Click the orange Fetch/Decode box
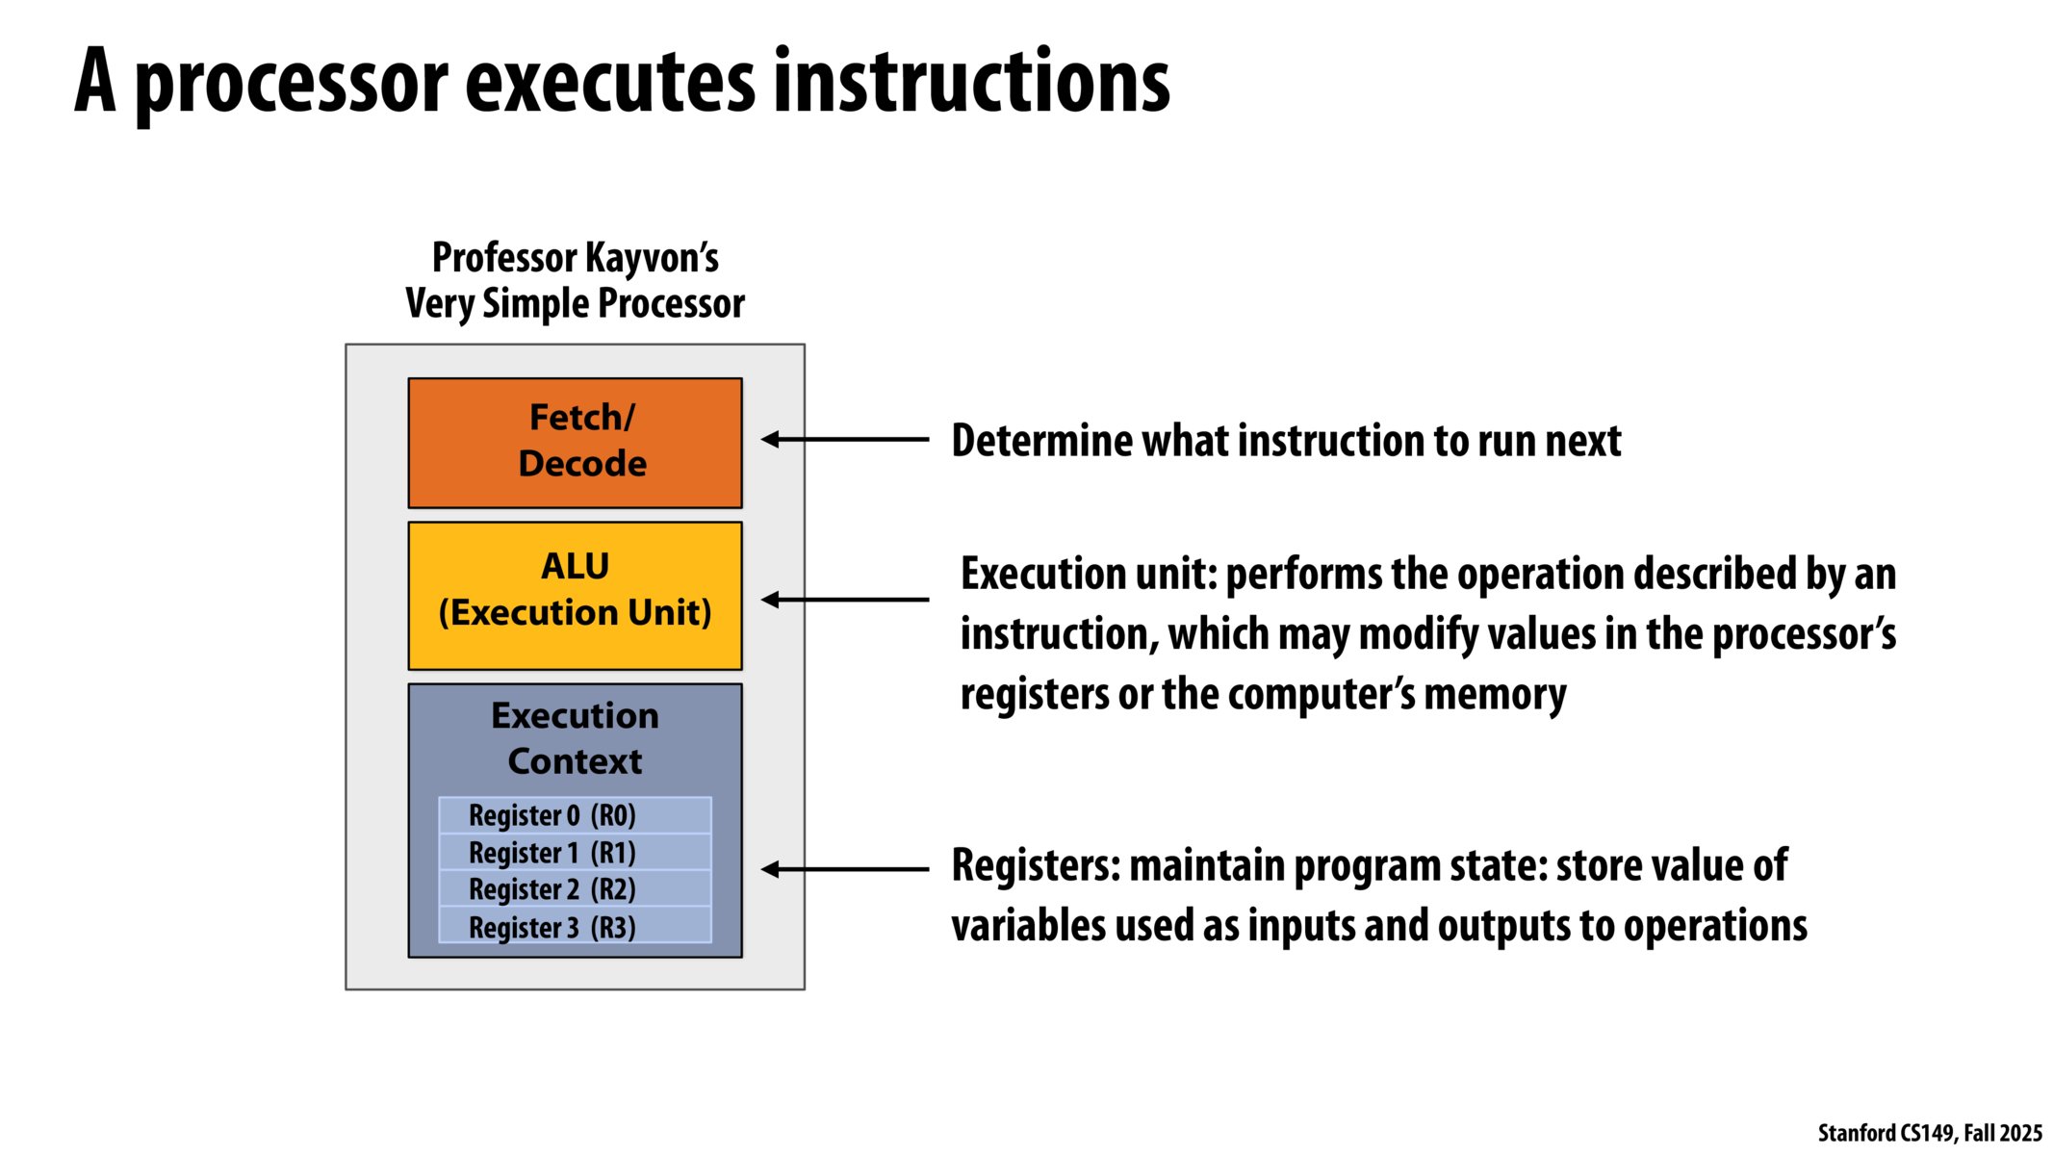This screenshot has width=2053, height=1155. coord(575,443)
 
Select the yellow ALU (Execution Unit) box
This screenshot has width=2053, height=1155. coord(575,595)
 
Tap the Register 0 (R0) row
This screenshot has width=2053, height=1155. coord(575,815)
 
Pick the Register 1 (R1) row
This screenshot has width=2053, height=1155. coord(575,853)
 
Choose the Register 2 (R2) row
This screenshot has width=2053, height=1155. coord(575,889)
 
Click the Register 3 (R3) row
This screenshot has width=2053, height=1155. coord(575,927)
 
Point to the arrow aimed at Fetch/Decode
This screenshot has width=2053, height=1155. coord(844,439)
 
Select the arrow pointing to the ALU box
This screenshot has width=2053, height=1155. coord(844,600)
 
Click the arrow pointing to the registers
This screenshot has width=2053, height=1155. coord(844,869)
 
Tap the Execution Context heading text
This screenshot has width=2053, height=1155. coord(575,738)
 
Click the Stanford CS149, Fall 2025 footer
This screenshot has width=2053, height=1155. coord(1929,1133)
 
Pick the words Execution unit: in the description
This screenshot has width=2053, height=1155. coord(1089,575)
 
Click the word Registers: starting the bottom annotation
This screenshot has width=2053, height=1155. coord(1036,865)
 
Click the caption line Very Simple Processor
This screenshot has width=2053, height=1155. coord(575,303)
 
